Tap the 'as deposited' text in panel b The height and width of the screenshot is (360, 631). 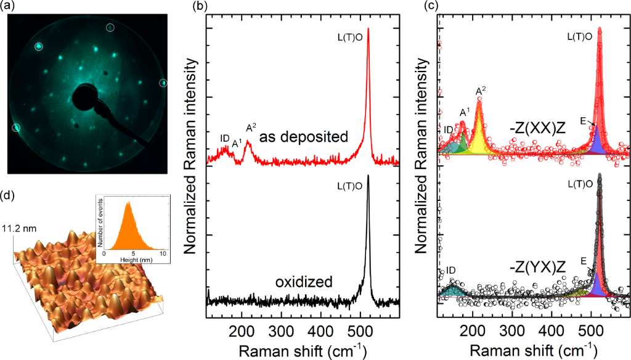click(303, 137)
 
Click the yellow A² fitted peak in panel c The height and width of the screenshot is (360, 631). click(479, 133)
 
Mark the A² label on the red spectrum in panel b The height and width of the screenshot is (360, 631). click(251, 128)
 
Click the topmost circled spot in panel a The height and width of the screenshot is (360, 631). click(110, 27)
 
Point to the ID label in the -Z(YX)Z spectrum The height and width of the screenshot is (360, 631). click(451, 270)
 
